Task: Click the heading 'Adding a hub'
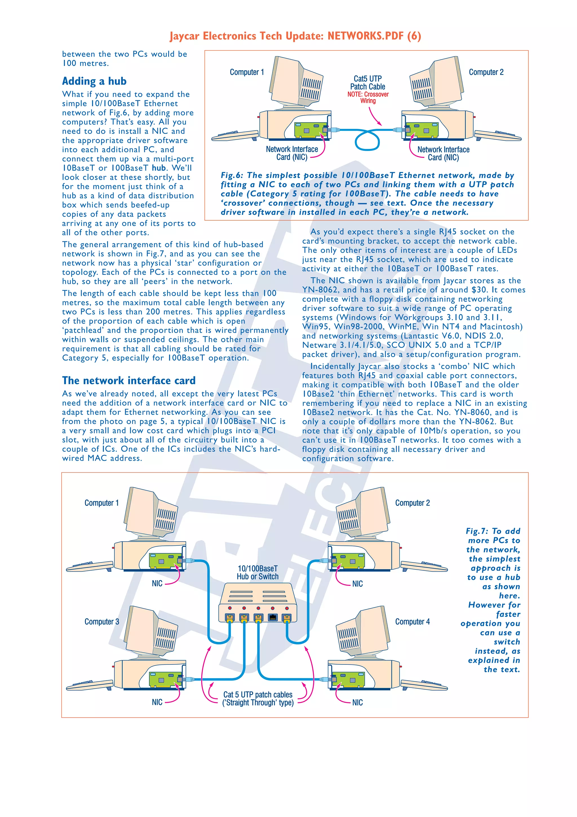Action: click(94, 81)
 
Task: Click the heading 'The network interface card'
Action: click(129, 380)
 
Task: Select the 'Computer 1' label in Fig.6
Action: click(247, 72)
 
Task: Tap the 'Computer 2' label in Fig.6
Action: click(486, 72)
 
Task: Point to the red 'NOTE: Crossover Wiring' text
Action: click(368, 98)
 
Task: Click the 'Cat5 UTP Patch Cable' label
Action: click(368, 83)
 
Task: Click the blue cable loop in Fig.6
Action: click(367, 141)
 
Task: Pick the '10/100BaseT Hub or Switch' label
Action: click(258, 573)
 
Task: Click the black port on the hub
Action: click(273, 617)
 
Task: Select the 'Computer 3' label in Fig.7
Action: click(102, 622)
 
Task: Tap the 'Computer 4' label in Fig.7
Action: click(412, 622)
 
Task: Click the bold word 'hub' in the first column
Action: click(159, 168)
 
